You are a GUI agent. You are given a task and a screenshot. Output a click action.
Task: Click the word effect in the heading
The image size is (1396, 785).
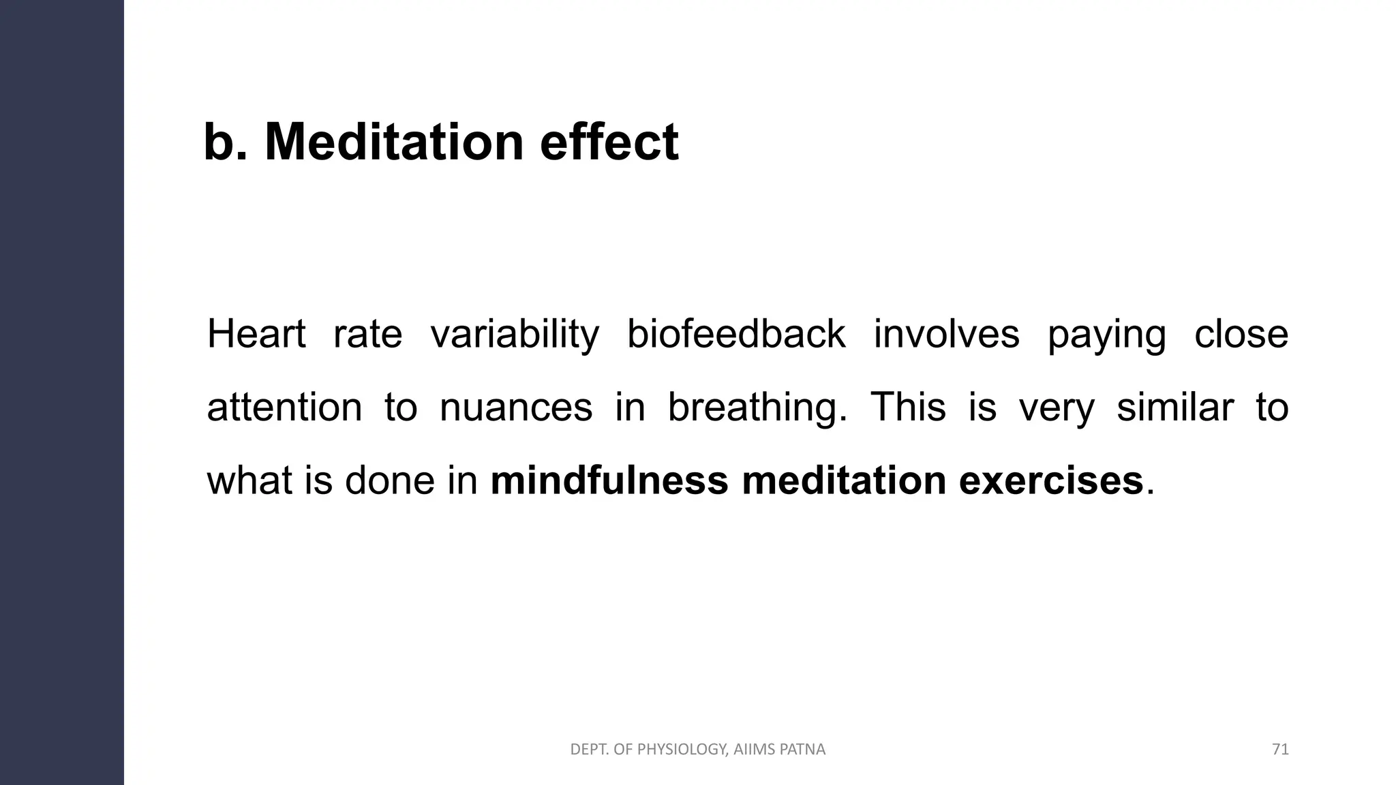[609, 142]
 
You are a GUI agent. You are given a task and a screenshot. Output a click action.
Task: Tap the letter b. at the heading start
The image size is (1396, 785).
[225, 142]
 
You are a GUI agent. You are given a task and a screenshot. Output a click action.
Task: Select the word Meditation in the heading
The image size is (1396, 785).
[394, 142]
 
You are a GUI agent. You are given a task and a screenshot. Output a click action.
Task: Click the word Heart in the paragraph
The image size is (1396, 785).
[256, 334]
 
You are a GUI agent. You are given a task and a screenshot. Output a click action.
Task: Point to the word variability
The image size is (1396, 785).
[515, 335]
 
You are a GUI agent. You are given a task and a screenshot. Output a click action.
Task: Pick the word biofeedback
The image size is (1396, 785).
[736, 334]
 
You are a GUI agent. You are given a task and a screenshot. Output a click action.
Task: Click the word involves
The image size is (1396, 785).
[946, 334]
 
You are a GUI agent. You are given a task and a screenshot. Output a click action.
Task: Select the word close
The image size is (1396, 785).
[1241, 334]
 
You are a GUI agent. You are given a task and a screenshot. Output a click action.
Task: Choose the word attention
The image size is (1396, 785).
[284, 407]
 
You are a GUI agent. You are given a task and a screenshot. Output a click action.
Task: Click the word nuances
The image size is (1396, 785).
[516, 407]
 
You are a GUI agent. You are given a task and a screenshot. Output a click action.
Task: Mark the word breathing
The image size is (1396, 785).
[757, 409]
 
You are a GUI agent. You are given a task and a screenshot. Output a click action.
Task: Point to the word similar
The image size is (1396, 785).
[1175, 407]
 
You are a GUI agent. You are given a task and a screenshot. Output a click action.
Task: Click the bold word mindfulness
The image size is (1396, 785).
[609, 480]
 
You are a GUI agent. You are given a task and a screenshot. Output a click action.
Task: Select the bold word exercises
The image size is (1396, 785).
[1050, 480]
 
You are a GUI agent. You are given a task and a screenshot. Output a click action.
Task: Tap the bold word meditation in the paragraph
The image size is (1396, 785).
[843, 480]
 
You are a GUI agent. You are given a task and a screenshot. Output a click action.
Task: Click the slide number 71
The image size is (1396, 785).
[1280, 750]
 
